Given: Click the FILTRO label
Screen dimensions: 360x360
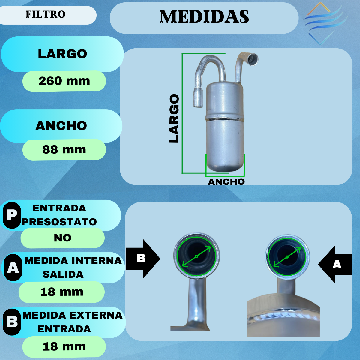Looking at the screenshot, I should pos(46,14).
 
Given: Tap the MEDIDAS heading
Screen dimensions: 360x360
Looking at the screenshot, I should pos(204,17).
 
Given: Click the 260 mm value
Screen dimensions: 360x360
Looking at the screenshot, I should pos(64,81).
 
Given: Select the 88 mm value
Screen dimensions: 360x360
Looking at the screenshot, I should pos(64,149).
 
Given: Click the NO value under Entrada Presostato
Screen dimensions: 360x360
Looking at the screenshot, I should pos(63,238).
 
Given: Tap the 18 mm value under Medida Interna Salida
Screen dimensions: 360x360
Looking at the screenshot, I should pos(62,292).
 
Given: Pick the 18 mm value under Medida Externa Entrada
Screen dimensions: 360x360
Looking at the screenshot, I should pos(64,346).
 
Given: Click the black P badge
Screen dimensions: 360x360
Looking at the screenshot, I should pos(12,215).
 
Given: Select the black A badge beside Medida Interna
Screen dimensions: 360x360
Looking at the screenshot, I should pos(13,268).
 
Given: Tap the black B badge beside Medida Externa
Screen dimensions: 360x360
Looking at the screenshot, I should pos(12,322).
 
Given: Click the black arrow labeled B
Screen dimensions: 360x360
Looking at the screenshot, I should pos(142,258).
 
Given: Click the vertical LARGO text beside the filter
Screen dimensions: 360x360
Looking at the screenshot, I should pos(174,118).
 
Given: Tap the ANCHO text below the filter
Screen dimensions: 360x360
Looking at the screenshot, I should pos(226,182).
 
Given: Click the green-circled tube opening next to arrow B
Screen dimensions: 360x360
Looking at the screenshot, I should pos(196,256).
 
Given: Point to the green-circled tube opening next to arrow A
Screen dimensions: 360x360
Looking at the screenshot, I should pos(287,257).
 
